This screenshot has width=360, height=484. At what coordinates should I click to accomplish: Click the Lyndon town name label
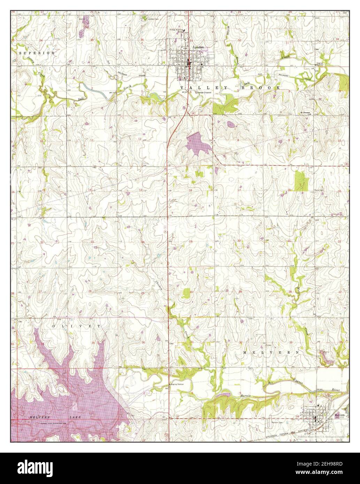[198, 47]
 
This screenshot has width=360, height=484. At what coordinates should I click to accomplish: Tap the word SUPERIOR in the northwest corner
[37, 53]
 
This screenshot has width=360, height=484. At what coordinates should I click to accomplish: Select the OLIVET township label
[76, 326]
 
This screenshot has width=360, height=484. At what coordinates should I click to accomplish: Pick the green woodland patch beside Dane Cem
[301, 181]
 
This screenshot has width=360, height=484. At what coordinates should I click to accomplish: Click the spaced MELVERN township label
[271, 352]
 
